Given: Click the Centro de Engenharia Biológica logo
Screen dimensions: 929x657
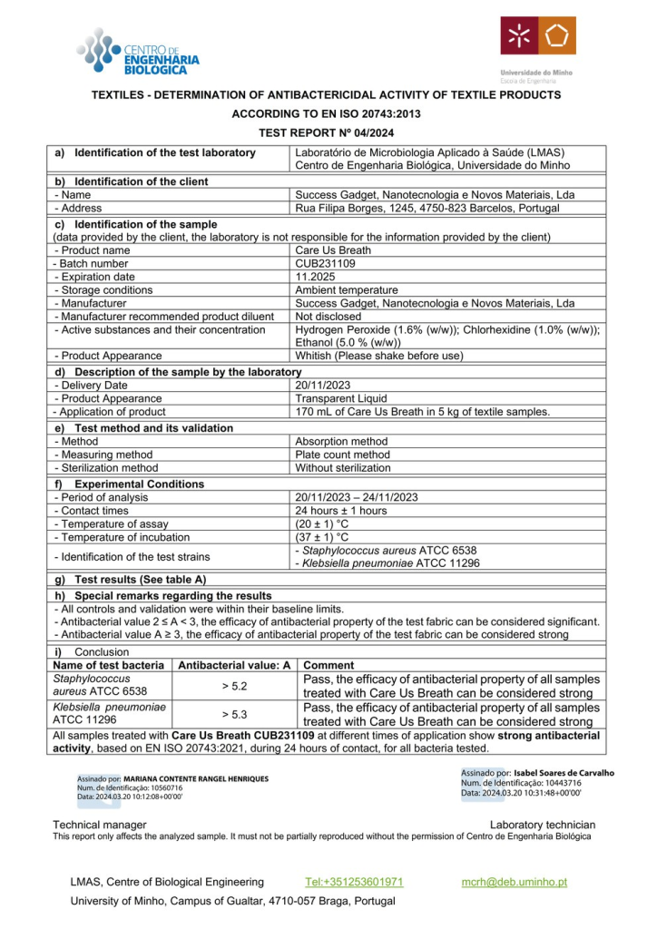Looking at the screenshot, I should tap(138, 52).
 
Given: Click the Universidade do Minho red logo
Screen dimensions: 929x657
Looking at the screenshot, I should tap(537, 36).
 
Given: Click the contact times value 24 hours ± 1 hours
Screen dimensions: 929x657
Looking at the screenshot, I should tap(341, 511).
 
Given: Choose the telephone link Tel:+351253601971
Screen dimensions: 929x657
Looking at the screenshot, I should tap(354, 881).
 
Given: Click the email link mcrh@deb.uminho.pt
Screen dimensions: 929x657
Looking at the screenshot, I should tap(515, 881).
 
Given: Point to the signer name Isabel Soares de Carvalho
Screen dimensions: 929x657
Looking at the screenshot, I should tap(557, 773).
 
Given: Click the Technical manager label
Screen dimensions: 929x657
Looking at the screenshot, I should tap(100, 824).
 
